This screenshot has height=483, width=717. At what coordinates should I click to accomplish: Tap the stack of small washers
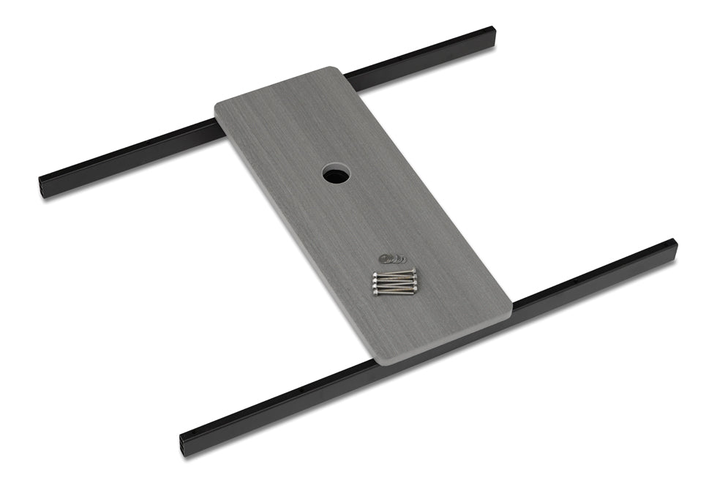click(x=392, y=258)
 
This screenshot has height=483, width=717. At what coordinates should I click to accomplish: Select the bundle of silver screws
click(x=394, y=282)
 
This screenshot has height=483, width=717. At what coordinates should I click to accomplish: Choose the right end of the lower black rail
click(x=672, y=246)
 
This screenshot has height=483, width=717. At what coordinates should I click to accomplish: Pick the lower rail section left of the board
click(x=278, y=402)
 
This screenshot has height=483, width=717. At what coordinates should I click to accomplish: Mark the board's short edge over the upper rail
click(x=275, y=90)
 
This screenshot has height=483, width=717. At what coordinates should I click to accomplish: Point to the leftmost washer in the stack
click(x=384, y=257)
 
